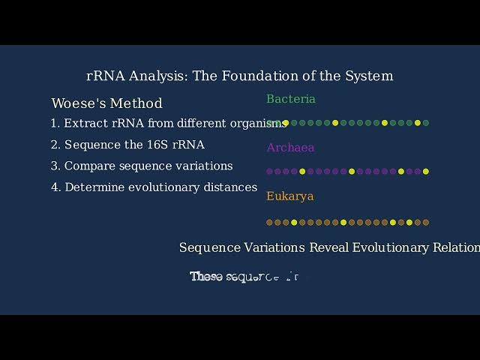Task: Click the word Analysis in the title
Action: click(x=158, y=76)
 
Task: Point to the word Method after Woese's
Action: click(x=136, y=103)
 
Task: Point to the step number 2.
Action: click(x=55, y=145)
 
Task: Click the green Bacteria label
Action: click(x=291, y=99)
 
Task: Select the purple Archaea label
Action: click(x=290, y=148)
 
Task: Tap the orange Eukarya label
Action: click(x=289, y=196)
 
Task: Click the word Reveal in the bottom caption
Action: click(x=328, y=247)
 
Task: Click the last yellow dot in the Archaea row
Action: click(x=426, y=172)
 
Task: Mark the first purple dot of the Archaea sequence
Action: click(x=269, y=172)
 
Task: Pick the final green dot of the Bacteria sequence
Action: click(x=426, y=123)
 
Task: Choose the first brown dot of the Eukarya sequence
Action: click(x=269, y=222)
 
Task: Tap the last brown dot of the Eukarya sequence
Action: click(x=426, y=222)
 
